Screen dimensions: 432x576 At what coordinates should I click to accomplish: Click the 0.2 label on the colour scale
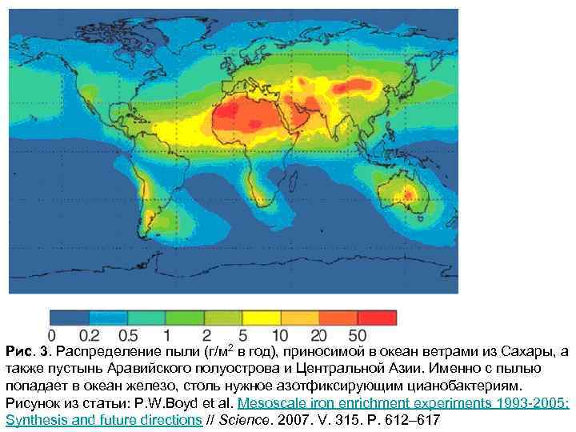pyautogui.click(x=91, y=334)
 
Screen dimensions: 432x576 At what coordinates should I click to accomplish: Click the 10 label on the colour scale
pyautogui.click(x=281, y=334)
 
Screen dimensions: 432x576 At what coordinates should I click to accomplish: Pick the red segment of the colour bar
pyautogui.click(x=377, y=317)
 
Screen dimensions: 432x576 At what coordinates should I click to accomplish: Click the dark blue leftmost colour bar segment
pyautogui.click(x=69, y=317)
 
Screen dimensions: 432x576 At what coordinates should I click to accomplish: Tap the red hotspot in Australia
pyautogui.click(x=409, y=193)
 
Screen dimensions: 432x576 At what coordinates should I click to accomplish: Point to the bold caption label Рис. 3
pyautogui.click(x=28, y=352)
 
